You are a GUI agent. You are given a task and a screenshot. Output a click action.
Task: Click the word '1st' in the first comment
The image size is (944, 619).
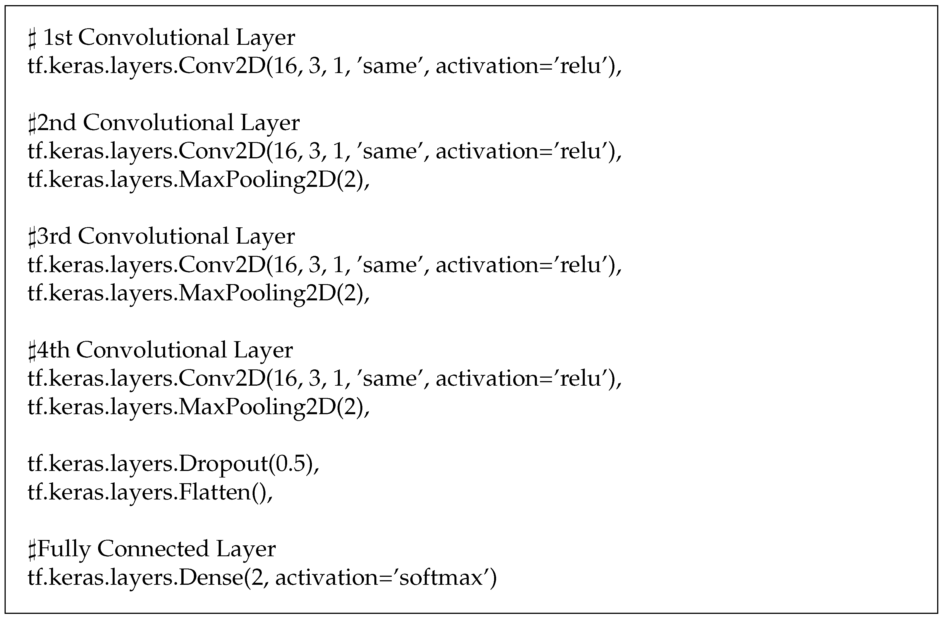point(58,38)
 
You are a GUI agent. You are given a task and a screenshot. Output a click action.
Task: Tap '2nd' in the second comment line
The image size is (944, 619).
point(56,123)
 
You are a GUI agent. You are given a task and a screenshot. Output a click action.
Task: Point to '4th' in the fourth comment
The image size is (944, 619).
point(53,350)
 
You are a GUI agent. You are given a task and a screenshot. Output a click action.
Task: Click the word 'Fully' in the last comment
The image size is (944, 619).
point(64,549)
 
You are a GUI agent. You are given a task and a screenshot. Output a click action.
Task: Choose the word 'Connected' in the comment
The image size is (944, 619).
point(153,549)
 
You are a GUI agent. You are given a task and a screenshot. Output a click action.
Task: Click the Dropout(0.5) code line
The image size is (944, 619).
point(173,464)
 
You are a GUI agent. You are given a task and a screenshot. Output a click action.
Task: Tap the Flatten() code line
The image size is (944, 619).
point(150,492)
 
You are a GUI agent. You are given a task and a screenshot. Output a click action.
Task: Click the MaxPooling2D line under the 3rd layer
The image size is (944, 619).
point(198,293)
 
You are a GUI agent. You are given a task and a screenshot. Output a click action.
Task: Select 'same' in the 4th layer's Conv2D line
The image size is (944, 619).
point(390,379)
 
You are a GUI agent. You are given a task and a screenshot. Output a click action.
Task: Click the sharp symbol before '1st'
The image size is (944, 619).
point(33,39)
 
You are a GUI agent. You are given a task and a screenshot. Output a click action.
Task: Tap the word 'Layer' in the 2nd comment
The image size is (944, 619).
point(270,123)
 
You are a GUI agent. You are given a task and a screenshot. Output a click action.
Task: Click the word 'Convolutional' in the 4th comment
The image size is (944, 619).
point(151,350)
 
